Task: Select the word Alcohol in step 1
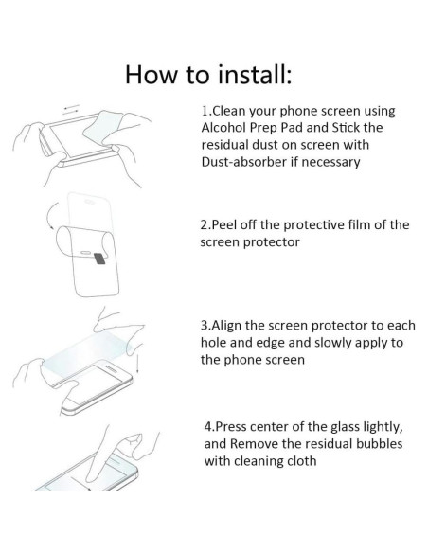tap(227, 129)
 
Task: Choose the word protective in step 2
tap(309, 224)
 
